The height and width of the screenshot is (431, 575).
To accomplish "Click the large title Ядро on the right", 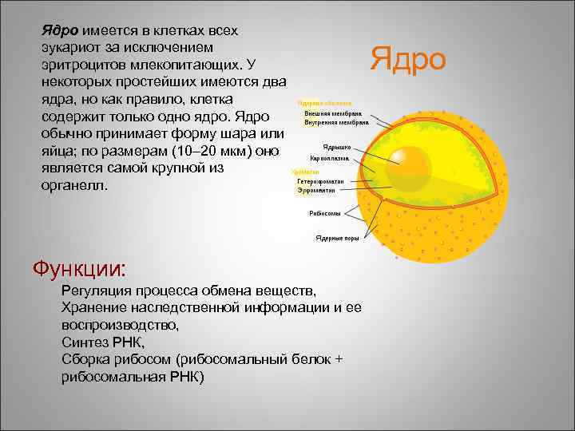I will (408, 58).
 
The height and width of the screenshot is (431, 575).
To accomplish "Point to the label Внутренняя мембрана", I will (335, 123).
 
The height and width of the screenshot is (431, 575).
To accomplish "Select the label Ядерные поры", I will (337, 237).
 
